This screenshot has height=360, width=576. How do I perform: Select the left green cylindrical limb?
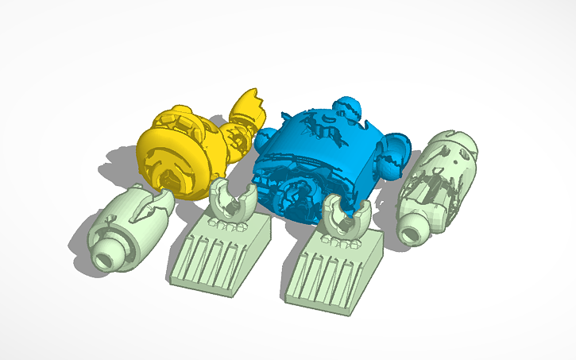[131, 226]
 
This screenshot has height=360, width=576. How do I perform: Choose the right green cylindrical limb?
[437, 183]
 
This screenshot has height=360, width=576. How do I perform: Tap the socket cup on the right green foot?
[346, 217]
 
